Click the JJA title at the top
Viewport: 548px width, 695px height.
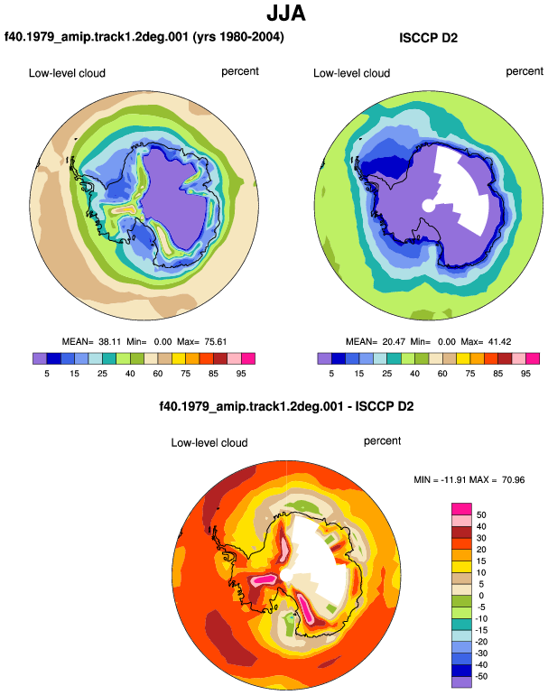tap(286, 14)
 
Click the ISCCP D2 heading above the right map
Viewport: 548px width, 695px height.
tap(428, 38)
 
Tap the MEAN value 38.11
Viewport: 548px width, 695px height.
tap(109, 342)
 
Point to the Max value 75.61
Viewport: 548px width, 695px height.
tap(216, 342)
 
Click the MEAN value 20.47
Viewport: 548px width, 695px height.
tap(394, 342)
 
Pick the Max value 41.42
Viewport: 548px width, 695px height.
tap(499, 342)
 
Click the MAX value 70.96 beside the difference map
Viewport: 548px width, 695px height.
tap(513, 479)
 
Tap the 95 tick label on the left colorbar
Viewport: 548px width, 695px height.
tap(241, 374)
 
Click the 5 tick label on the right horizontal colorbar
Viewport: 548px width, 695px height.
tap(331, 374)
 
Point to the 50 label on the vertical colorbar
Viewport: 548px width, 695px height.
tap(481, 515)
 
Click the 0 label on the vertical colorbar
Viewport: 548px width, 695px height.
tap(481, 596)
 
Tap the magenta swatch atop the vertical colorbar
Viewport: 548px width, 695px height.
tap(461, 509)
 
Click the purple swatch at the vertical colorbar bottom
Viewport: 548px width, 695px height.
tap(461, 681)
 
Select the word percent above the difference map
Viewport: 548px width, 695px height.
tap(382, 441)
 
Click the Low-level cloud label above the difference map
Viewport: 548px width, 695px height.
tap(209, 443)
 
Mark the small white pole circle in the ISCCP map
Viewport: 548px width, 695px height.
tap(429, 206)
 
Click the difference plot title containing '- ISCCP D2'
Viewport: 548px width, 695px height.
tap(286, 406)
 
